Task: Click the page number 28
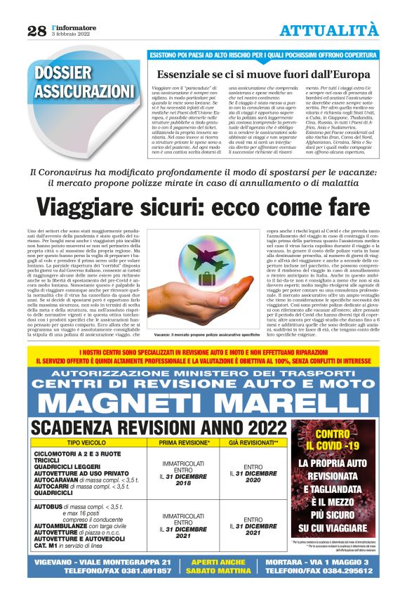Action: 37,30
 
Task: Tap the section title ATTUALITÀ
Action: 328,29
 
